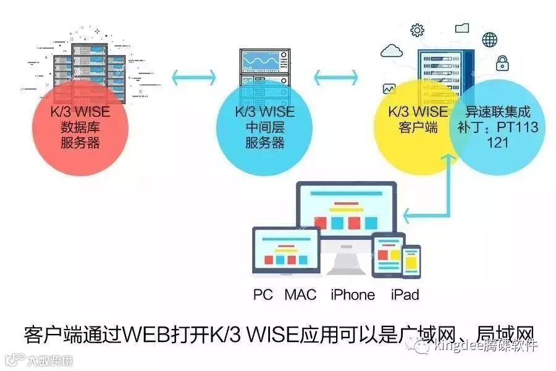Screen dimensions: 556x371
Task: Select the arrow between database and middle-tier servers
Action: tap(193, 77)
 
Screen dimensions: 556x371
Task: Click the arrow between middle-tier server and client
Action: tap(335, 77)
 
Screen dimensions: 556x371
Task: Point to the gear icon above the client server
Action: tap(418, 30)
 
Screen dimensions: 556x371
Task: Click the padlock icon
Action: tap(502, 62)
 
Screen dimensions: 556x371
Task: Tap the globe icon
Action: tap(490, 39)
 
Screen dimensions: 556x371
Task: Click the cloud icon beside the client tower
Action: tap(393, 50)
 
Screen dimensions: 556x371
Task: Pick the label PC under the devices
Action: tap(263, 294)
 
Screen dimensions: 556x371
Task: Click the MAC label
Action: tap(300, 294)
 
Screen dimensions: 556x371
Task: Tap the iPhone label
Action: tap(353, 294)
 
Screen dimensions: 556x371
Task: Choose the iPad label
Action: tap(405, 294)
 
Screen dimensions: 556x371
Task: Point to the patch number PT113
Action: tap(516, 127)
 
